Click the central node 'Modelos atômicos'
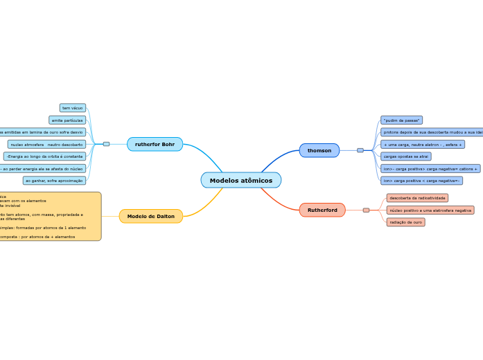click(x=241, y=181)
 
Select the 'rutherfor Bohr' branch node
click(x=155, y=144)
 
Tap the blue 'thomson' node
click(x=319, y=150)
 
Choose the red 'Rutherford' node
click(x=322, y=210)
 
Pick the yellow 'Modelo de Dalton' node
click(x=151, y=216)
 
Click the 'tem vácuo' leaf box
click(x=73, y=108)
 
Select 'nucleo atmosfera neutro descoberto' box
click(x=47, y=144)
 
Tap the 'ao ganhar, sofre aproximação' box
click(x=54, y=181)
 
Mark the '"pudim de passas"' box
click(x=401, y=120)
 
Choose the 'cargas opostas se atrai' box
click(x=405, y=156)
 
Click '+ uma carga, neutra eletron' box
click(x=422, y=144)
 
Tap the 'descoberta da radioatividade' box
click(x=417, y=198)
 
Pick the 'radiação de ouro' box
click(x=405, y=222)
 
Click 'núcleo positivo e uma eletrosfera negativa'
click(x=430, y=210)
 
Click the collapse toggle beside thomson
click(x=360, y=150)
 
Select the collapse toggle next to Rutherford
click(x=366, y=210)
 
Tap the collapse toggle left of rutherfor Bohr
click(x=106, y=144)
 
